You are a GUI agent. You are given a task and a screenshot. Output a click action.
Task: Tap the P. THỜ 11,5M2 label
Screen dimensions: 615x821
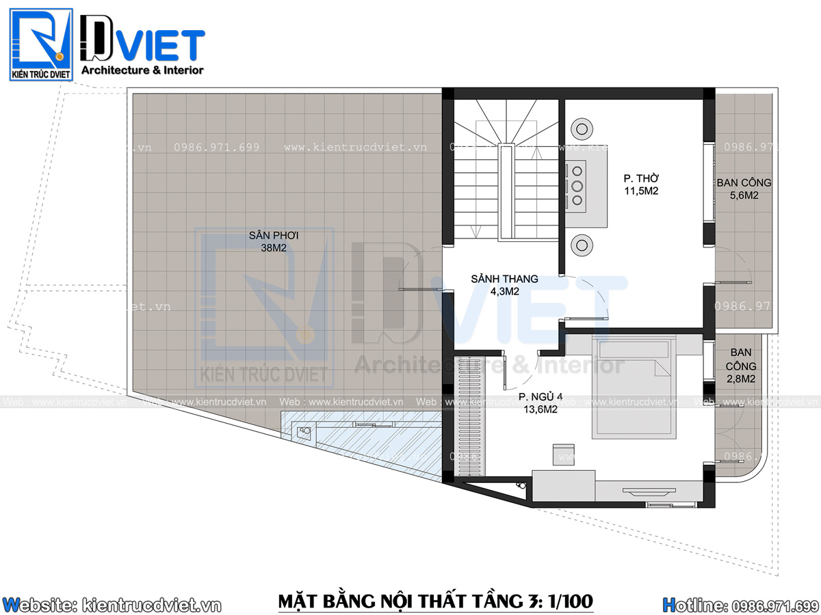coord(640,185)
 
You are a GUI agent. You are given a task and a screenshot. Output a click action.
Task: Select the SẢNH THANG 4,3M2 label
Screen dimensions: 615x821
coord(504,285)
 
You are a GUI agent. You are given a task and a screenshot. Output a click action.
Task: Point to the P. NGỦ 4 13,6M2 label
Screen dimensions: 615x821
coord(540,402)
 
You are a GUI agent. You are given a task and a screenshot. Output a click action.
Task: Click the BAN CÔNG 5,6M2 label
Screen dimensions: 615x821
coord(744,189)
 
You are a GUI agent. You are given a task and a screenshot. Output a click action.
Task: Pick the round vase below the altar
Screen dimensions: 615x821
coord(583,245)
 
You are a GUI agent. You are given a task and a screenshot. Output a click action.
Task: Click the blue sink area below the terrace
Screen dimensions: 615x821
coord(363,441)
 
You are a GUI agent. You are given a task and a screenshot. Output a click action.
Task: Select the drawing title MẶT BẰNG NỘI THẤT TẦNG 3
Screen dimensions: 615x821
coord(435,601)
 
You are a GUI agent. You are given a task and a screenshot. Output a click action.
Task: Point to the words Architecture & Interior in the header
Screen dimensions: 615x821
coord(142,70)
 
